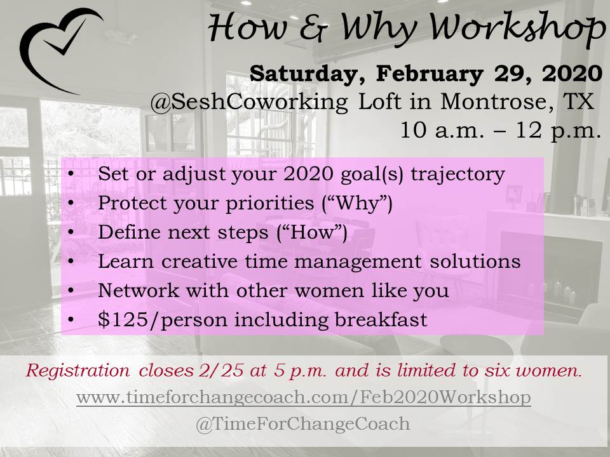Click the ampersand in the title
(x=315, y=29)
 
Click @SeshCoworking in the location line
(x=249, y=102)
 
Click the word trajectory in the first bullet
(x=458, y=174)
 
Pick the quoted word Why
(x=357, y=203)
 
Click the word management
(x=358, y=262)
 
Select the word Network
(x=139, y=290)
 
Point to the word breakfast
(x=381, y=319)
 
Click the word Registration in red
(x=78, y=370)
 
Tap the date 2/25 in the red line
(x=221, y=370)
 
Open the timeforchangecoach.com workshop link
(x=304, y=397)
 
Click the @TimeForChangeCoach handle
(x=302, y=423)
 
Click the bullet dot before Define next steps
(x=71, y=232)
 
